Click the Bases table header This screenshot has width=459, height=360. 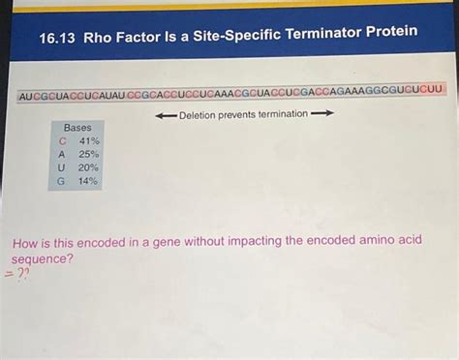coord(77,128)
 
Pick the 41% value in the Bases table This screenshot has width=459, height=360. coord(89,141)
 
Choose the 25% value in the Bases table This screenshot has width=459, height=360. coord(89,154)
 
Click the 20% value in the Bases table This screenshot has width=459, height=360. coord(89,167)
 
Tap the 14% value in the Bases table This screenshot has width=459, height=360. coord(89,181)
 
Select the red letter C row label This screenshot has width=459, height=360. coord(62,141)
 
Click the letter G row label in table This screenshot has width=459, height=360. coord(62,181)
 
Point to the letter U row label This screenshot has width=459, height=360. coord(62,167)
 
